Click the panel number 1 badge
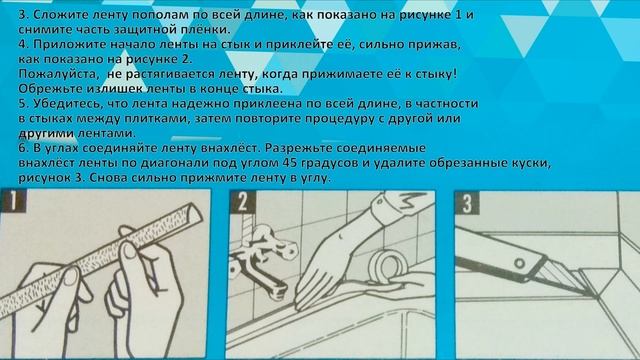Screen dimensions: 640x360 [x=13, y=200]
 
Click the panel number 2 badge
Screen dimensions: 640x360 [x=243, y=202]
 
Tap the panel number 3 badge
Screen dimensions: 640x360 [x=467, y=203]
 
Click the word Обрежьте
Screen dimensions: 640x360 [x=49, y=89]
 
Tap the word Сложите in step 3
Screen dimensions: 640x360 [x=58, y=15]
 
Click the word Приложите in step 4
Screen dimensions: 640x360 [x=67, y=44]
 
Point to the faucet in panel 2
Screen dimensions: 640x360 [x=261, y=261]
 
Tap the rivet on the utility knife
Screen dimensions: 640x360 [x=519, y=263]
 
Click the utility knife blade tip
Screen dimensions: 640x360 [x=591, y=295]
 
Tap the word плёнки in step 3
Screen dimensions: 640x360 [x=205, y=30]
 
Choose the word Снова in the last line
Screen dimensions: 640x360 [x=107, y=178]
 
